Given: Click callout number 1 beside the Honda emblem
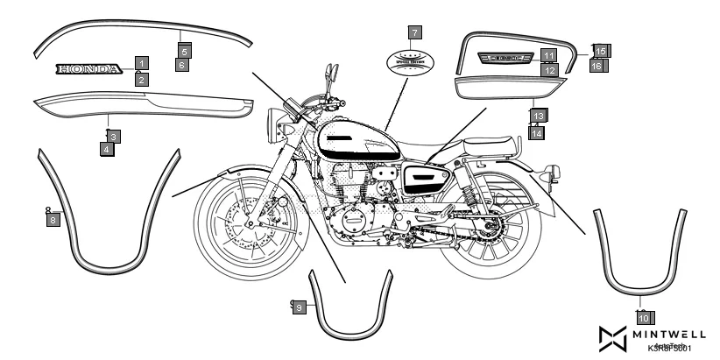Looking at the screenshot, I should click(141, 63).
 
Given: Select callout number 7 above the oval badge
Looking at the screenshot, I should click(414, 33).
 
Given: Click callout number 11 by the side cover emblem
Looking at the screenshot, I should click(547, 54).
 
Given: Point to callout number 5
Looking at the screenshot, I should click(184, 52).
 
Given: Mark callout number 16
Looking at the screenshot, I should click(596, 65).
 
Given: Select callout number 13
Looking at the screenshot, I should click(538, 116).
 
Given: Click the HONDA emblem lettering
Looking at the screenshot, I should click(88, 68).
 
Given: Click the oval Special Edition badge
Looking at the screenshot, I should click(414, 63).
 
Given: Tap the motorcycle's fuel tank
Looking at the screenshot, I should click(350, 140).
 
